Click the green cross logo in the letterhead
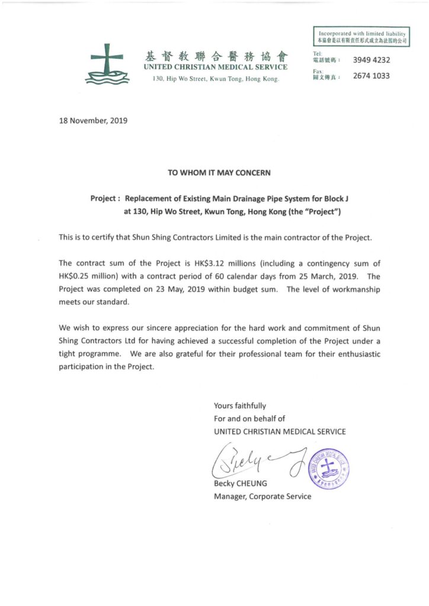[x=107, y=63]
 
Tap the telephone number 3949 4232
[x=371, y=60]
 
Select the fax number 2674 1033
[x=371, y=76]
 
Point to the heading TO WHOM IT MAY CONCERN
[x=219, y=173]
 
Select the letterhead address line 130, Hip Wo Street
[x=216, y=79]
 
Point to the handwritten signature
[x=255, y=462]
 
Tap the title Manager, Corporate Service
[x=262, y=497]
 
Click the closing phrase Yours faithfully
[x=239, y=406]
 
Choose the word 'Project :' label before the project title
[x=106, y=199]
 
